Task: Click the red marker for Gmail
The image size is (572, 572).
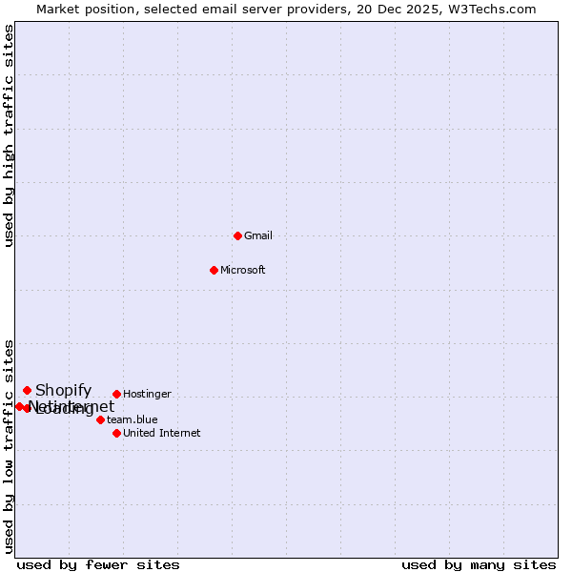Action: pos(237,235)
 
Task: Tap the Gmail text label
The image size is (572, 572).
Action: pos(258,235)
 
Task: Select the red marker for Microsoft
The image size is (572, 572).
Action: pos(214,270)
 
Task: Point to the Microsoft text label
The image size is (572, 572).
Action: pos(243,270)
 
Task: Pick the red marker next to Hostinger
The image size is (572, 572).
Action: pos(116,394)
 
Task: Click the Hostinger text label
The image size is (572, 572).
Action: pos(148,394)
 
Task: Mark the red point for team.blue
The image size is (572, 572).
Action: pos(100,419)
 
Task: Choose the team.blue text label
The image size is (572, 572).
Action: pos(133,419)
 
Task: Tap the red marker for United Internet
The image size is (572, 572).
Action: pos(116,433)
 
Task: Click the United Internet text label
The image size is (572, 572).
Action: pos(162,433)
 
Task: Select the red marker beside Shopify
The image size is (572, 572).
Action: pos(27,390)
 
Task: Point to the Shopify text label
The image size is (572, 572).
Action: pos(64,390)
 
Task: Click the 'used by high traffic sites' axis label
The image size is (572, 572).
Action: pos(10,136)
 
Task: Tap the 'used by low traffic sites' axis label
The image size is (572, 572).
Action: pos(10,446)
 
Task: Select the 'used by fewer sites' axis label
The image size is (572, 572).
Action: pos(98,564)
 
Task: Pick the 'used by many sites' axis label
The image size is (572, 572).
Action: pos(479,564)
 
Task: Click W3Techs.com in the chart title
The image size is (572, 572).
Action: pos(492,9)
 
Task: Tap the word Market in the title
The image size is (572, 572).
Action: pos(58,9)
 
